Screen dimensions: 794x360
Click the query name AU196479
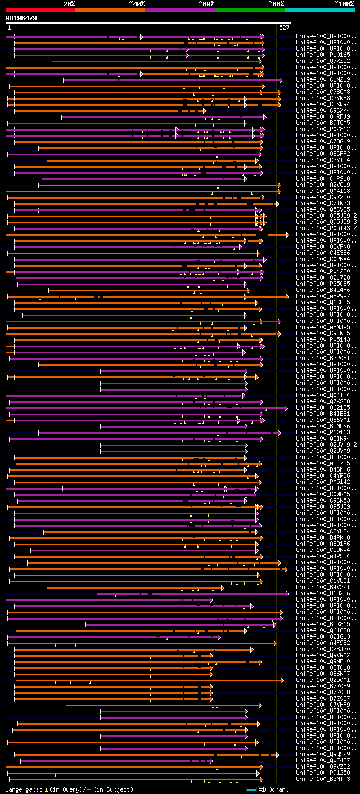click(x=21, y=18)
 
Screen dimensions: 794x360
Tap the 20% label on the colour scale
click(x=69, y=4)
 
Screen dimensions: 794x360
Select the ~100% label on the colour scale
click(x=344, y=4)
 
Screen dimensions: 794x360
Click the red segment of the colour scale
click(x=40, y=10)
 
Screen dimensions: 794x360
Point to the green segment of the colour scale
click(x=249, y=10)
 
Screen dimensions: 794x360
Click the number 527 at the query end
click(x=284, y=28)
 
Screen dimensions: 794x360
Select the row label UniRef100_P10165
click(x=323, y=55)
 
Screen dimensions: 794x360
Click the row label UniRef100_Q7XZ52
click(x=323, y=61)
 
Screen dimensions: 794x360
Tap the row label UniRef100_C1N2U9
click(x=323, y=79)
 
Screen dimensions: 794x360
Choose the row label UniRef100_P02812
click(x=323, y=129)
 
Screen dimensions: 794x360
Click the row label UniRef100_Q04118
click(x=323, y=191)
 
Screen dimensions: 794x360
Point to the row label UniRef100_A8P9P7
click(x=323, y=296)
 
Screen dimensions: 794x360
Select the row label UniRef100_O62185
click(x=323, y=407)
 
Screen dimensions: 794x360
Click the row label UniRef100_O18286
click(x=323, y=593)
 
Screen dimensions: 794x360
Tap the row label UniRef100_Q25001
click(x=323, y=680)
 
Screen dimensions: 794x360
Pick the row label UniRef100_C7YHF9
click(x=323, y=705)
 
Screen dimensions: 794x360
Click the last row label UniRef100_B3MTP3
click(x=323, y=779)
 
